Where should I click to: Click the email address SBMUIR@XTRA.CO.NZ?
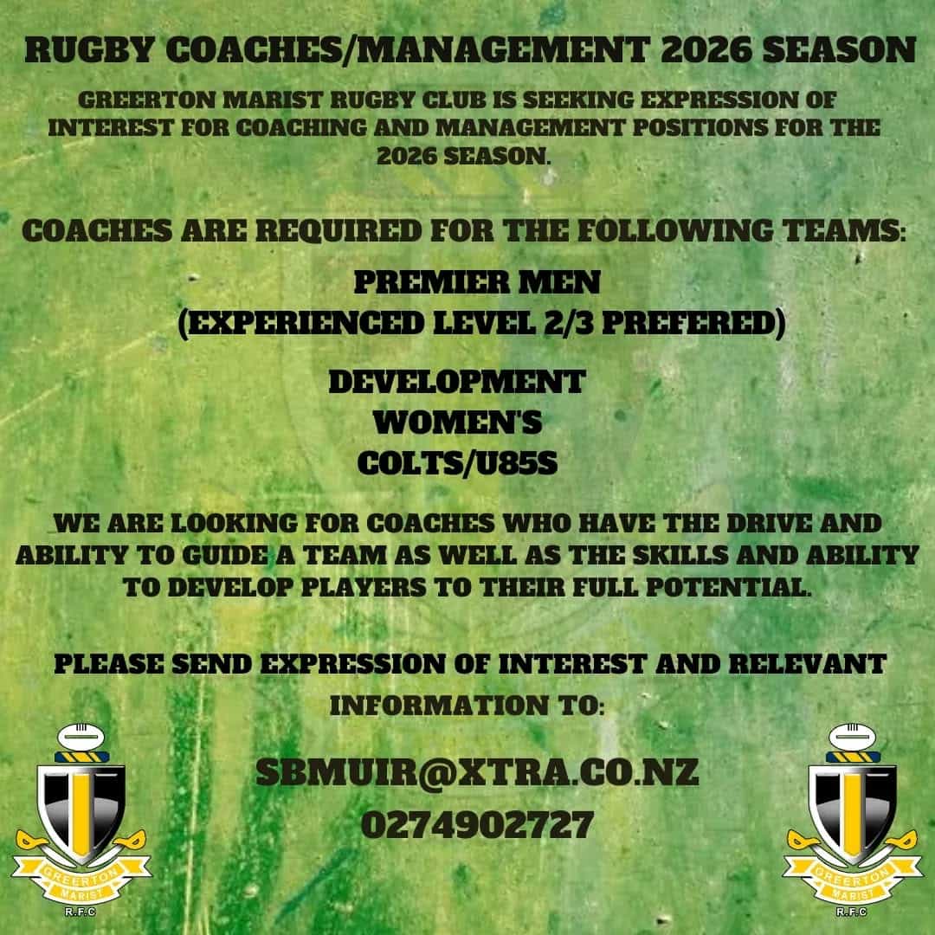[x=477, y=773]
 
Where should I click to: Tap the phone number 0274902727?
[x=477, y=825]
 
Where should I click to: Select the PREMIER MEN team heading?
[x=477, y=282]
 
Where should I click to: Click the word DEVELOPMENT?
[x=457, y=382]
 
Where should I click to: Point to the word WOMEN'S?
[x=457, y=422]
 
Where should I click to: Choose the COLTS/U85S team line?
[x=457, y=463]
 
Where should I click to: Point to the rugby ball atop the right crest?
[x=853, y=737]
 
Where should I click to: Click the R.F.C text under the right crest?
[x=852, y=912]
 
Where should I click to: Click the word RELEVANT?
[x=808, y=664]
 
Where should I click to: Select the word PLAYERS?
[x=363, y=588]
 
